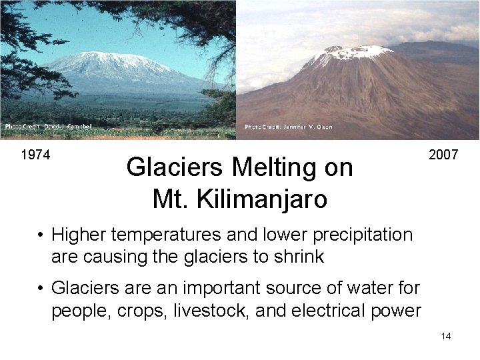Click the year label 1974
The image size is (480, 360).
pos(35,155)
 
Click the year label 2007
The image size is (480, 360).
pos(443,155)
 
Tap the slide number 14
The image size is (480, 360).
pos(446,336)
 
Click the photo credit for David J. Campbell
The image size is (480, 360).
pos(48,126)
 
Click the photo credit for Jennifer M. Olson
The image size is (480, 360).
pos(288,127)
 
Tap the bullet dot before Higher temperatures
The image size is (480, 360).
pos(41,235)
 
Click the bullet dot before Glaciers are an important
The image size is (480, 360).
pos(41,288)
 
